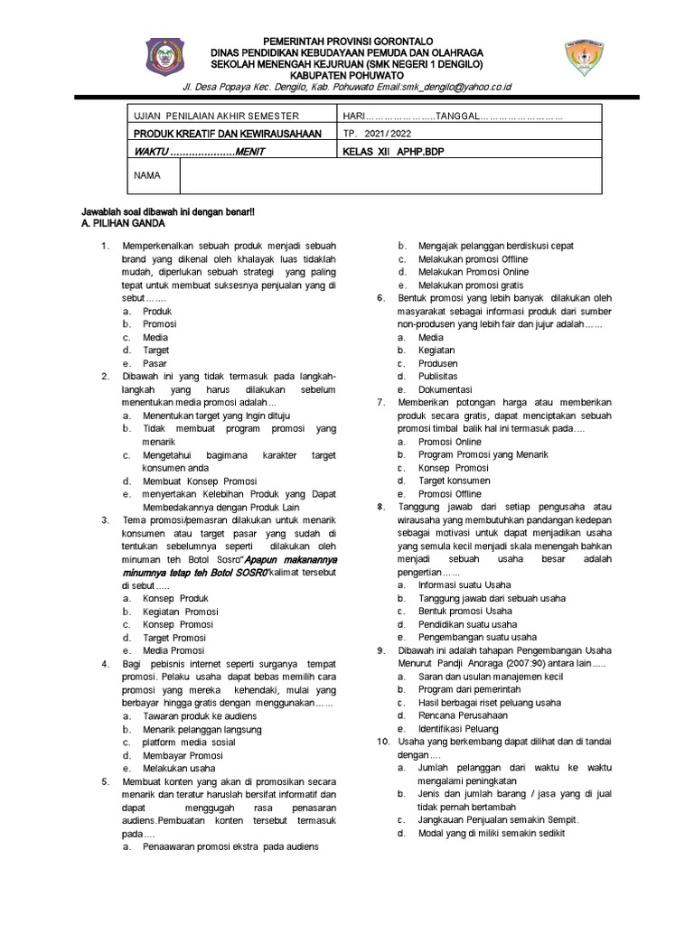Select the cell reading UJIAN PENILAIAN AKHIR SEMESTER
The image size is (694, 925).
215,117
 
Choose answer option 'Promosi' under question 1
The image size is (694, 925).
159,323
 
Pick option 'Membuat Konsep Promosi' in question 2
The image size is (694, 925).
200,481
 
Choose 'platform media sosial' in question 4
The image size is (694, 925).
188,742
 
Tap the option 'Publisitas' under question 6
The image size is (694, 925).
437,376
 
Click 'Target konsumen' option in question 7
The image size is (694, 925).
454,481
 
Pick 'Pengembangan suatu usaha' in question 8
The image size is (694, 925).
476,637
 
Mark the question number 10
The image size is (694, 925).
382,741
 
